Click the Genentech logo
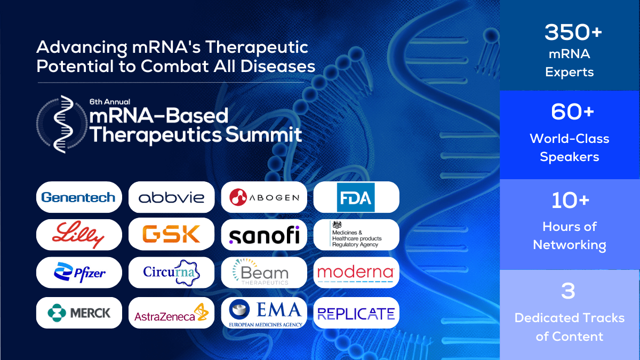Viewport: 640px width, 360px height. pyautogui.click(x=79, y=197)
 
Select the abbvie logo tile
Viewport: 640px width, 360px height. pyautogui.click(x=171, y=197)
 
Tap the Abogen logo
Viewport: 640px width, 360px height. pyautogui.click(x=264, y=197)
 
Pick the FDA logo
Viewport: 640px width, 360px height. pyautogui.click(x=356, y=197)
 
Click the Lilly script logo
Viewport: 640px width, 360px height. pyautogui.click(x=79, y=235)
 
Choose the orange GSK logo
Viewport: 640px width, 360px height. pyautogui.click(x=171, y=235)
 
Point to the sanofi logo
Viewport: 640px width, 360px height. pyautogui.click(x=264, y=235)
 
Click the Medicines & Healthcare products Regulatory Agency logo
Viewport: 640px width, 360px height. pyautogui.click(x=356, y=235)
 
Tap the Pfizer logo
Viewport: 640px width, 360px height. pyautogui.click(x=79, y=273)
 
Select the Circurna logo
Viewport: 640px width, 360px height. pyautogui.click(x=171, y=273)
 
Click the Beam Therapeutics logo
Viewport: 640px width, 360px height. pyautogui.click(x=264, y=273)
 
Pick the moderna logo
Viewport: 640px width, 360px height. pyautogui.click(x=356, y=273)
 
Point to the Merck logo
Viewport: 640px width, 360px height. pyautogui.click(x=79, y=313)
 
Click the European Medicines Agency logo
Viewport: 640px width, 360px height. pyautogui.click(x=264, y=313)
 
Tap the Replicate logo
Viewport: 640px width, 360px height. pyautogui.click(x=356, y=313)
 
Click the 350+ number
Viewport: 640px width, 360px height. pyautogui.click(x=573, y=33)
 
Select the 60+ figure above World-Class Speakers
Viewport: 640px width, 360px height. pyautogui.click(x=569, y=113)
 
